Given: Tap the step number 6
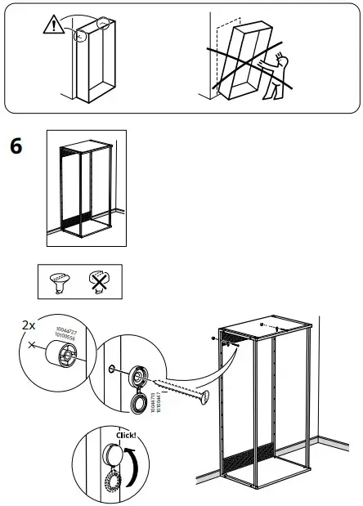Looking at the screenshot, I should (x=15, y=147).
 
